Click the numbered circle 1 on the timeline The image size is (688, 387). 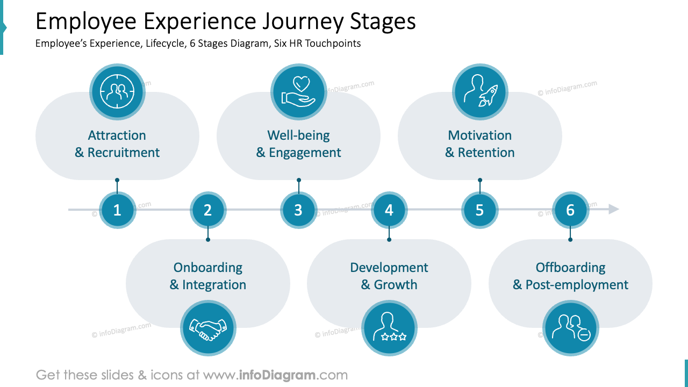[117, 210]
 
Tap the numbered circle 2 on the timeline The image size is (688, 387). [208, 210]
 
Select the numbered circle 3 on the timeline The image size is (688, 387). [298, 210]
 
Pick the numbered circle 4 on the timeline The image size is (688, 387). [389, 210]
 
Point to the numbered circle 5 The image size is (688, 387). [479, 210]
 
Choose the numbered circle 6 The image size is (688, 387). [570, 210]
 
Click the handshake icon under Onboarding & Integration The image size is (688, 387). [208, 328]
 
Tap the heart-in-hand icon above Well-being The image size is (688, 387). [298, 91]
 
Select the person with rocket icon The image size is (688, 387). [480, 91]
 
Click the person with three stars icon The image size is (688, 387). [389, 328]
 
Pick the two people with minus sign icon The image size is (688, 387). [570, 328]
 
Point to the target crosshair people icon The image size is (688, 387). [117, 91]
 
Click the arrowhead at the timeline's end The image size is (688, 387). [614, 209]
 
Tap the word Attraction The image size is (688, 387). [117, 135]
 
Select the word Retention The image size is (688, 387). [486, 153]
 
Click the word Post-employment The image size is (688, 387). [577, 285]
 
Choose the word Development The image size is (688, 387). [389, 268]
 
